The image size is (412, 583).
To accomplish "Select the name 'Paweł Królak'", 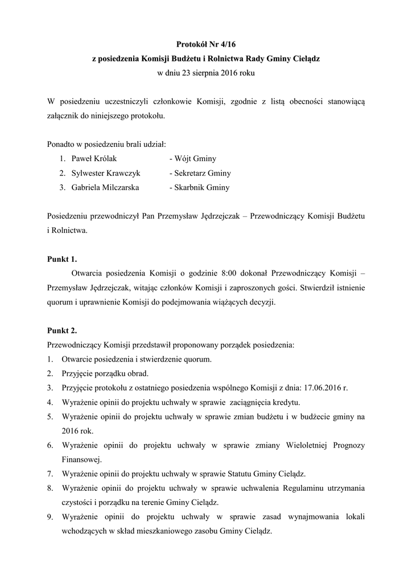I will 94,159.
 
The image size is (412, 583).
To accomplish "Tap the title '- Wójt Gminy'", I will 192,159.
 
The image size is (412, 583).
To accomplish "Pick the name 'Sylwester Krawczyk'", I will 106,173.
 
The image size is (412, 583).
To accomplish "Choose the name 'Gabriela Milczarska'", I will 105,187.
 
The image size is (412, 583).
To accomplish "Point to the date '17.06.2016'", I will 323,388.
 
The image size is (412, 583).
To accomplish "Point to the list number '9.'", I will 51,517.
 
